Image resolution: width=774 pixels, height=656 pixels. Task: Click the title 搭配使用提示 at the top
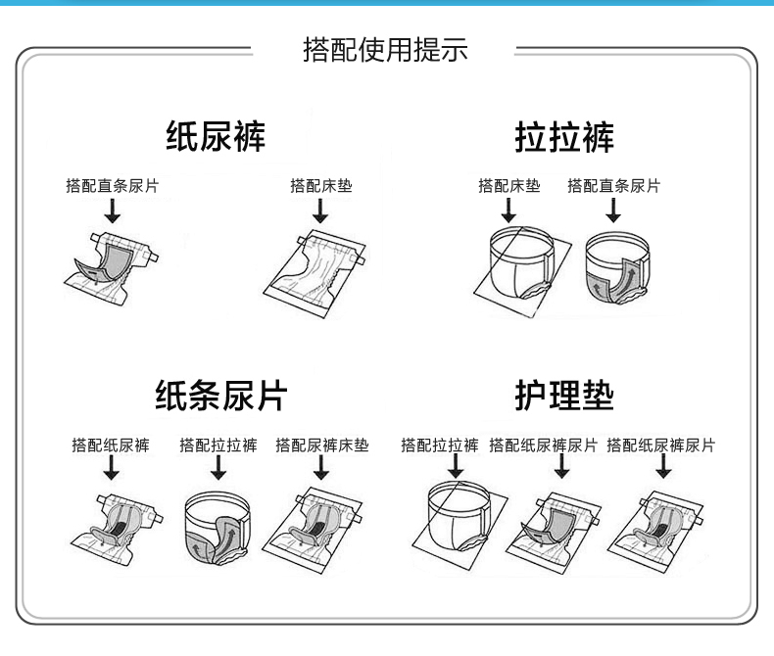coord(385,49)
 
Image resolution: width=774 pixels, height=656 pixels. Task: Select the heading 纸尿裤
coord(216,137)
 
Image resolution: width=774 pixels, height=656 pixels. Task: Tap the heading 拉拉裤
coord(565,137)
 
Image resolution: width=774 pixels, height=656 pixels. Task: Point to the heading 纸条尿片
coord(221,397)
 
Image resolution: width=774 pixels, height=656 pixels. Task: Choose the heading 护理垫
coord(564,397)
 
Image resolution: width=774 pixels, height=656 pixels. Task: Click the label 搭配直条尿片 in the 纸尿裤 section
coord(112,186)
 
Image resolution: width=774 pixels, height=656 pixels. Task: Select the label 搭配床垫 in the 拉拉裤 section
coord(508,186)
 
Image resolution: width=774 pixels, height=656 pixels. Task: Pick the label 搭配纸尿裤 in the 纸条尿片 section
coord(111,445)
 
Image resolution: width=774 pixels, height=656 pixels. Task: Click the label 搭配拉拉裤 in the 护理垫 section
coord(440,445)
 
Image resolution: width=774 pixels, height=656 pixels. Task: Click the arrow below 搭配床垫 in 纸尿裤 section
coord(319,211)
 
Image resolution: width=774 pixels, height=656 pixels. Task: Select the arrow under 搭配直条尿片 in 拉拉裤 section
coord(613,211)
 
